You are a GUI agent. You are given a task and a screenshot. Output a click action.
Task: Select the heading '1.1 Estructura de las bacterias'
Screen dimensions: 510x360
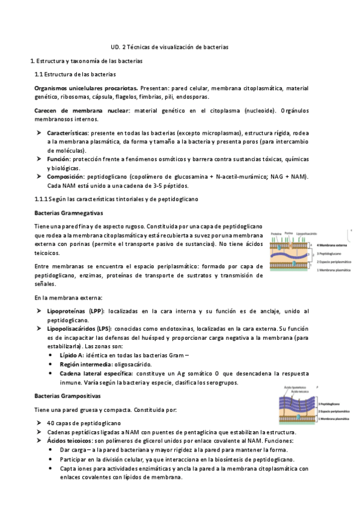point(75,75)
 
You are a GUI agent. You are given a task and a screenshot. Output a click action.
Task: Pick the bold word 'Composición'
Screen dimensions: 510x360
point(67,176)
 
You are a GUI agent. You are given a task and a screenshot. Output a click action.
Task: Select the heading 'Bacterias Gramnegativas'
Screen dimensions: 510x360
point(69,213)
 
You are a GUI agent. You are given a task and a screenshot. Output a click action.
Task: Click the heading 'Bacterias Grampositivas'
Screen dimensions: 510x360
point(68,397)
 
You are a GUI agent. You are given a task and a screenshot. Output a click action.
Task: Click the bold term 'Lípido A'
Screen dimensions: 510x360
point(72,355)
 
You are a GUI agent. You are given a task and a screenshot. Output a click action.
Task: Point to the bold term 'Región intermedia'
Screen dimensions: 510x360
point(84,364)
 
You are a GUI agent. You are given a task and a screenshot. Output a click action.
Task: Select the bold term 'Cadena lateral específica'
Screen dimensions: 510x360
point(95,374)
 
